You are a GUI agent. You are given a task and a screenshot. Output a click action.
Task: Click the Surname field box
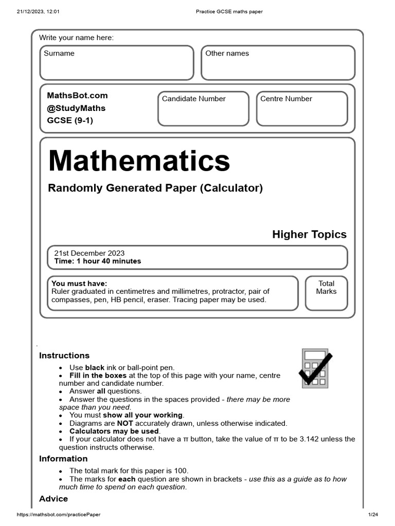117,63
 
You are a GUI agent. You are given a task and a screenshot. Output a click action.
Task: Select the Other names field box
278,63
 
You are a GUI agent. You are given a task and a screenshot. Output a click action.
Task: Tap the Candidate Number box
203,109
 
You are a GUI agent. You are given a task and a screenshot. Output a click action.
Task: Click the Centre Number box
302,109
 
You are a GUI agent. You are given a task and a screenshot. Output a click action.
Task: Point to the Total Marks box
326,293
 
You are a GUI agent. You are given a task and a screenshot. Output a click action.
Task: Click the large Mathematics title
139,161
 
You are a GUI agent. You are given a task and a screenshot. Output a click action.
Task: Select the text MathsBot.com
77,96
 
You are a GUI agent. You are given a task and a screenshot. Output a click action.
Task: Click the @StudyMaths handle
76,108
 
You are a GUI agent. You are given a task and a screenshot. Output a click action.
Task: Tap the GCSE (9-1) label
70,121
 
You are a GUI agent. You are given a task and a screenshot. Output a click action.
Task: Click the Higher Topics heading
309,235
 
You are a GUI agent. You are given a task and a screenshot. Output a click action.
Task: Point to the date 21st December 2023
89,253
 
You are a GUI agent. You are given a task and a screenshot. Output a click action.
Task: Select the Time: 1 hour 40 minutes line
97,261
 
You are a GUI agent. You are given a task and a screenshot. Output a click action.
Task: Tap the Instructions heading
64,355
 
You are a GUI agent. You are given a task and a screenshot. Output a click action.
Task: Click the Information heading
63,459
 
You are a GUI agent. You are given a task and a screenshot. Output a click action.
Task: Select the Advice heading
53,499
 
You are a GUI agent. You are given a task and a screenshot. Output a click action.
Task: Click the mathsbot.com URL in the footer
59,515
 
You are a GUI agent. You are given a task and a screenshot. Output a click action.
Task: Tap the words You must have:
79,284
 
